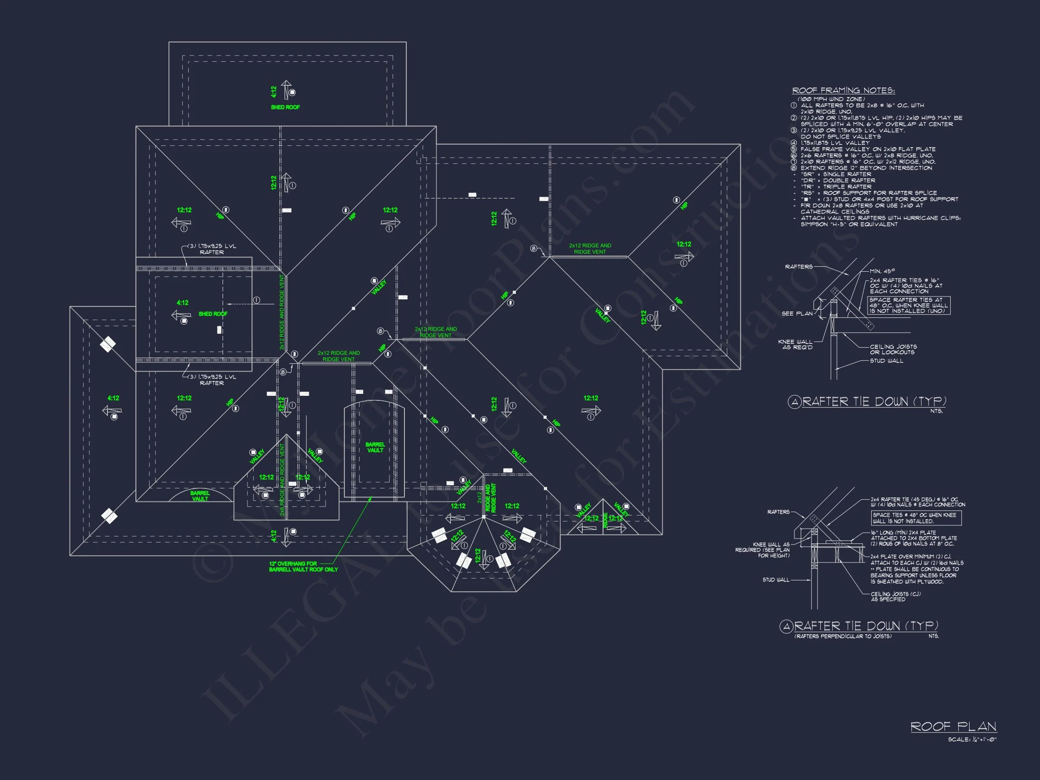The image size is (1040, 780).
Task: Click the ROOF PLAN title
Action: coord(953,726)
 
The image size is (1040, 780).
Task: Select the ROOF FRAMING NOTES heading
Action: coord(844,90)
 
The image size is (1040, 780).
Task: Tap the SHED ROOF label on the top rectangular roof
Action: coord(285,107)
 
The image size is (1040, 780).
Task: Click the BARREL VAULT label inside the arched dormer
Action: coord(375,447)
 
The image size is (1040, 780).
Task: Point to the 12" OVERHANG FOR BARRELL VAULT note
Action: coord(303,566)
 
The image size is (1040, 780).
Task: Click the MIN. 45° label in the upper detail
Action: coord(882,271)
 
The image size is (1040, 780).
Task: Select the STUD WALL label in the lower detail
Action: coord(776,580)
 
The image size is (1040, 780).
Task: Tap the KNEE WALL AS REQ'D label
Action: coord(795,344)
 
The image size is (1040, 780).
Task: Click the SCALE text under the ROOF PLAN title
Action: coord(972,739)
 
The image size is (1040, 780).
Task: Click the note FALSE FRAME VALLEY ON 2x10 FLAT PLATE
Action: coord(868,149)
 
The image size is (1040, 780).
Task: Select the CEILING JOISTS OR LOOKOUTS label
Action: coord(893,349)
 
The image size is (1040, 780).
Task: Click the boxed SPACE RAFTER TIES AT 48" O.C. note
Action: coord(908,305)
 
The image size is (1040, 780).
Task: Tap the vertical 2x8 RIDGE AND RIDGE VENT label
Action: coord(282,479)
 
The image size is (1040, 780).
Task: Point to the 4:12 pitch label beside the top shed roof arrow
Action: coord(274,92)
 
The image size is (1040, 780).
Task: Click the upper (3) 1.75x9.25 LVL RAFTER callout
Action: coord(212,249)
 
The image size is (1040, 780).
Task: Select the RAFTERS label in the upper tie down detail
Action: coord(799,267)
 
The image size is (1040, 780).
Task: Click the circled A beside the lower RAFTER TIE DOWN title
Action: coord(786,626)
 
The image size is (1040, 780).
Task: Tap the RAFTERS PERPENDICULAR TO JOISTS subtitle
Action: coord(843,636)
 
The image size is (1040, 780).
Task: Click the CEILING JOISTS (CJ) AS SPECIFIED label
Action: coord(895,597)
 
